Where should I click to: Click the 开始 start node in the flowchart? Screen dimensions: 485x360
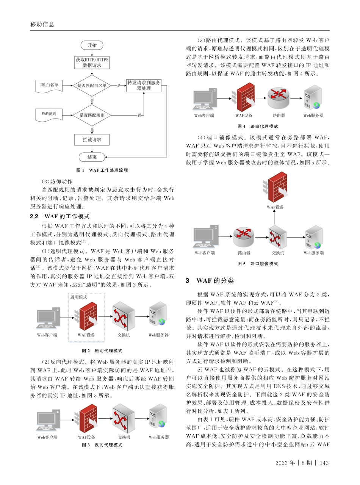tap(92, 45)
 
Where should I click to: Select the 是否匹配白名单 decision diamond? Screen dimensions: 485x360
tap(92, 86)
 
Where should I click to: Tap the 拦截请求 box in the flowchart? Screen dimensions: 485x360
tap(92, 139)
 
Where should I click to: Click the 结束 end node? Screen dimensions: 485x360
tap(92, 156)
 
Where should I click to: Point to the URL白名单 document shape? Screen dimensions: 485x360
tap(49, 85)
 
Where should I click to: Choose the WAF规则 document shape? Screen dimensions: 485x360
tap(49, 114)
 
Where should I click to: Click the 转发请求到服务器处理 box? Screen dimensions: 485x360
tap(144, 85)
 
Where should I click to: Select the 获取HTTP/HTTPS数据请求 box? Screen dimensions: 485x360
tap(92, 63)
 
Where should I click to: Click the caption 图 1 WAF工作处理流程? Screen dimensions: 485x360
tap(102, 170)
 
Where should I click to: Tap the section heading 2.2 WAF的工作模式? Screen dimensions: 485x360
tap(60, 216)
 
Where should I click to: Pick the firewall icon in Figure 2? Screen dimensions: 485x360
tap(88, 316)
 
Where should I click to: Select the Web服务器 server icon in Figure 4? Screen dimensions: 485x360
tap(313, 98)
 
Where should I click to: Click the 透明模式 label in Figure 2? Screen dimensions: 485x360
tap(78, 297)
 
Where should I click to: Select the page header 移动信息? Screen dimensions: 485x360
tap(42, 24)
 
